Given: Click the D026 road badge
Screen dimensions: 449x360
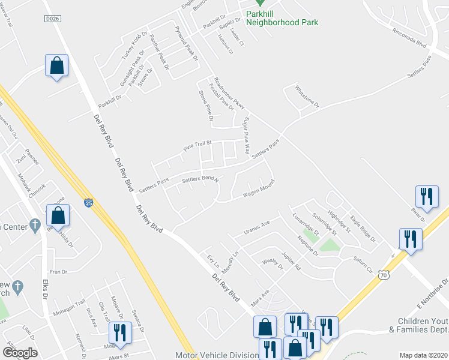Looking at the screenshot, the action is tap(53, 19).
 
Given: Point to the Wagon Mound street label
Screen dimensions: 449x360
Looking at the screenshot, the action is tap(258, 189).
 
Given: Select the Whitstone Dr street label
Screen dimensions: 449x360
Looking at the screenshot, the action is tap(307, 96).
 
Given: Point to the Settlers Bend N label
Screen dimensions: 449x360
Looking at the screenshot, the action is tap(199, 179).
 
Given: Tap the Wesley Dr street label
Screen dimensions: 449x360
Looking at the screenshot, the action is tap(272, 265).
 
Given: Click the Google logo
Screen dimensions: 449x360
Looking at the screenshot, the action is tap(20, 352).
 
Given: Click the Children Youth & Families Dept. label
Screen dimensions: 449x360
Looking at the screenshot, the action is tap(418, 325).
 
